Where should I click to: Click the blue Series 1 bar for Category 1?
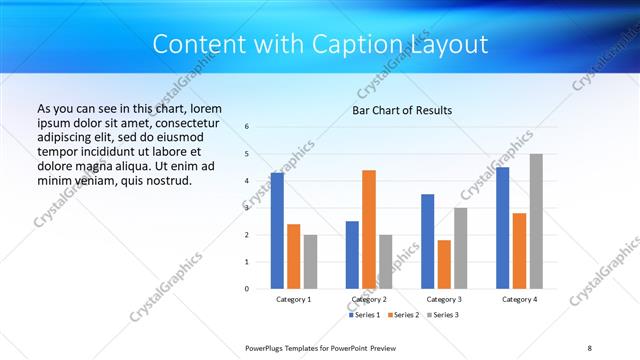click(x=277, y=231)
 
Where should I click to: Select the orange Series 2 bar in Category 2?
click(x=369, y=229)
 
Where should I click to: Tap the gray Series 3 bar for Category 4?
click(x=536, y=221)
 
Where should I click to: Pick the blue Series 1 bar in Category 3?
click(x=427, y=241)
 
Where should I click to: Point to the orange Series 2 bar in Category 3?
click(x=444, y=264)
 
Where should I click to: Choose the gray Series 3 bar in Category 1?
click(x=310, y=261)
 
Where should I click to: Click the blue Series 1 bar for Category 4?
click(x=502, y=228)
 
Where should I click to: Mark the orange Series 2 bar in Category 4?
click(x=519, y=251)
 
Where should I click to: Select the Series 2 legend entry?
click(x=403, y=315)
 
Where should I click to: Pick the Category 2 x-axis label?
click(x=369, y=299)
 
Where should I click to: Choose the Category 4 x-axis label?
click(x=519, y=299)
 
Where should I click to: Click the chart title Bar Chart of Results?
click(x=402, y=110)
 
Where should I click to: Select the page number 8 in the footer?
click(x=590, y=347)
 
